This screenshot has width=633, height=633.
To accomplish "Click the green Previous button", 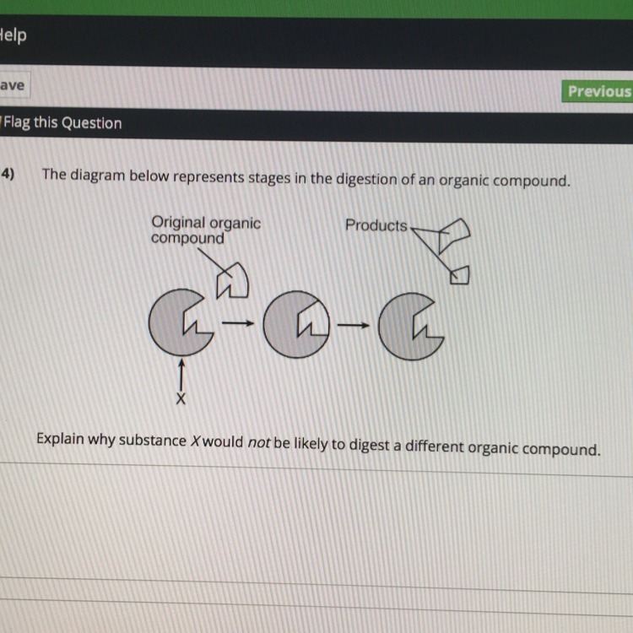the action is point(598,91).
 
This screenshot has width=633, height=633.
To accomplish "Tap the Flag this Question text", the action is point(62,122).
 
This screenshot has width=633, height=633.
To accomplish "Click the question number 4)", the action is point(8,174).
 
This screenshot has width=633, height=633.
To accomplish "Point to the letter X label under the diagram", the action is point(181,398).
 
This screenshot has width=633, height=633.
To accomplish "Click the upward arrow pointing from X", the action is point(181,375).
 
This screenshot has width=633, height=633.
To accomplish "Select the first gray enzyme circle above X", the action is point(181,322).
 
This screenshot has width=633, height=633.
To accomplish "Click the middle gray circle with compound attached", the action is point(296,324).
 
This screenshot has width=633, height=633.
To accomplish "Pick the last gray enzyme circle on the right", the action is point(411,326).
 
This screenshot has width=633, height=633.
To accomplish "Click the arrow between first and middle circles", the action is point(238,323).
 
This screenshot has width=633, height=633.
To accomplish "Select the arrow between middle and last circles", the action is point(354,325).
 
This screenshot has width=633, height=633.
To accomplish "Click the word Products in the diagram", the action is point(376,225).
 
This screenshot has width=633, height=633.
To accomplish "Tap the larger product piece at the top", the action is point(454,235).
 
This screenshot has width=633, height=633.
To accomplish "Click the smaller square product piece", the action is point(460,275).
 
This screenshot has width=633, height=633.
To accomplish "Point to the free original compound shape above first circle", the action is point(233,280).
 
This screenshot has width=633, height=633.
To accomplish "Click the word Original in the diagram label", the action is point(178,224).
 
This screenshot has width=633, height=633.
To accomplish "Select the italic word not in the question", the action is point(259,443).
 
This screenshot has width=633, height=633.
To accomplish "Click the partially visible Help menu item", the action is point(13,35).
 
